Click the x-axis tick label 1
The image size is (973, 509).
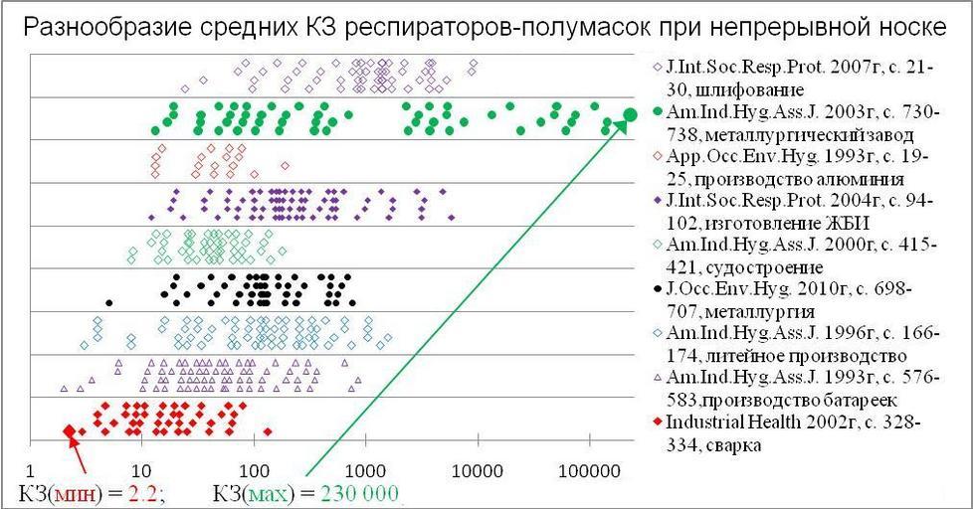pyautogui.click(x=31, y=470)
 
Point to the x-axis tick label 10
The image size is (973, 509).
pyautogui.click(x=141, y=470)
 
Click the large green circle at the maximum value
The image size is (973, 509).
pyautogui.click(x=630, y=115)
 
